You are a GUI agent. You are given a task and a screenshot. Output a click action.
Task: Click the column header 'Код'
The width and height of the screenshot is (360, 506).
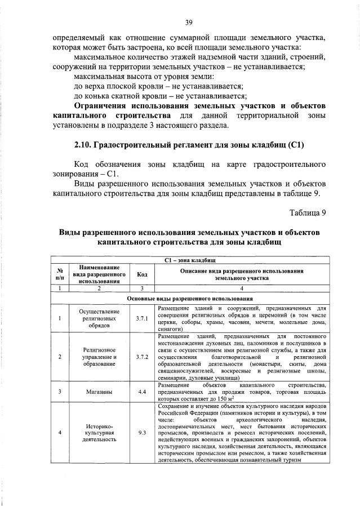click(142, 274)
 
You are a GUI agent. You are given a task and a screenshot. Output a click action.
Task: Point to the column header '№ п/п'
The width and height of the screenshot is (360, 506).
click(60, 274)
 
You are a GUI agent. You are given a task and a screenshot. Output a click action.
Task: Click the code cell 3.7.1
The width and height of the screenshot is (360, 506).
click(142, 318)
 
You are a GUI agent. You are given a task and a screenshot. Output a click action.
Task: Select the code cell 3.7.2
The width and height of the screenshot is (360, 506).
click(142, 357)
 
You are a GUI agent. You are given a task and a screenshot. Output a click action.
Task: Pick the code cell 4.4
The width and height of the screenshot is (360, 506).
click(142, 391)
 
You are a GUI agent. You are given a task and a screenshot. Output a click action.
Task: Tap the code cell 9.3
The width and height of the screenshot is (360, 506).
click(142, 433)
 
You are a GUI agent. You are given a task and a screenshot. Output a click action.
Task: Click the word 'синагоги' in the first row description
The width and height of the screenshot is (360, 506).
click(170, 329)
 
